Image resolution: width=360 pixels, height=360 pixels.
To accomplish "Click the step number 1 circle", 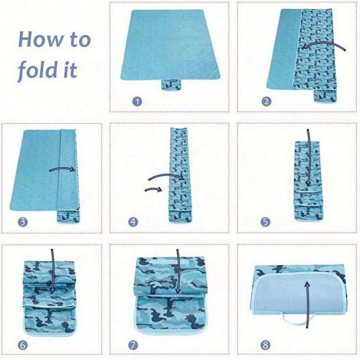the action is (137, 101).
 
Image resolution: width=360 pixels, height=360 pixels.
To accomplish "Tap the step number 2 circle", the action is (267, 101).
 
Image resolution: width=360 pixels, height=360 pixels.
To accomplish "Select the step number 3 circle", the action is (23, 222).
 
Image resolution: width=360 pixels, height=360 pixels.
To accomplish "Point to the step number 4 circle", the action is (133, 222).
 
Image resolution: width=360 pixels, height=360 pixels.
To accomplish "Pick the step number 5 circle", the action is (265, 222).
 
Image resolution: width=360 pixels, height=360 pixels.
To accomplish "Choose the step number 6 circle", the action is (23, 345).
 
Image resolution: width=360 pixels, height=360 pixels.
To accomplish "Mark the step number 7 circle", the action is (133, 345).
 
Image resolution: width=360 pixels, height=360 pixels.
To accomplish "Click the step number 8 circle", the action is (265, 345).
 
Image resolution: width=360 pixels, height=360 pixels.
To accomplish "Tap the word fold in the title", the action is (38, 69).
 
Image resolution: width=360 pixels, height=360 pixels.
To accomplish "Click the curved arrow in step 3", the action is (63, 168).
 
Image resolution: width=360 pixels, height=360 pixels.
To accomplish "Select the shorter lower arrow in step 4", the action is (153, 189).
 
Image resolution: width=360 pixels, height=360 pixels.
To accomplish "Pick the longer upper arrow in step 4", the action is (166, 175).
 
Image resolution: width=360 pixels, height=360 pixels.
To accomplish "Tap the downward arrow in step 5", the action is (308, 158).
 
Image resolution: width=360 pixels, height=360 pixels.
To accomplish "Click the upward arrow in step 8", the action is (307, 305).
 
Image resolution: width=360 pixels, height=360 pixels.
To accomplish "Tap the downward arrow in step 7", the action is (178, 271).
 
